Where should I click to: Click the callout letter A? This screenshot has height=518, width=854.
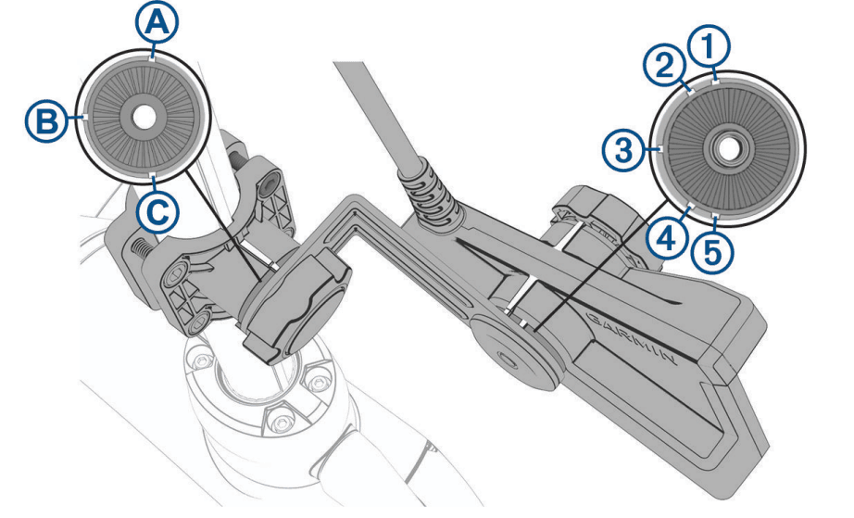click(x=157, y=23)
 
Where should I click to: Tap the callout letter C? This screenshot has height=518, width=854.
click(x=157, y=211)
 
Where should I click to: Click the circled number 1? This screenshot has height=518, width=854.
click(x=708, y=49)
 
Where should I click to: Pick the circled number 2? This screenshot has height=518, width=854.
click(x=663, y=67)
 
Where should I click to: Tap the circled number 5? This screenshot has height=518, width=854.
click(x=713, y=252)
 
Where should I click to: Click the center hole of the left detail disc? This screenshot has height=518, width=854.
click(x=143, y=118)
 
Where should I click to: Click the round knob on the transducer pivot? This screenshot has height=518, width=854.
click(x=509, y=353)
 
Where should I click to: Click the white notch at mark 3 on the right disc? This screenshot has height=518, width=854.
click(x=660, y=148)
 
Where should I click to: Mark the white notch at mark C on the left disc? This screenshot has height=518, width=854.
click(x=153, y=175)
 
